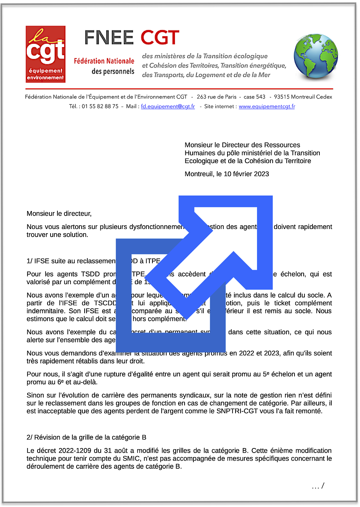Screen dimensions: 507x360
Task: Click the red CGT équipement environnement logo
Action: [45, 54]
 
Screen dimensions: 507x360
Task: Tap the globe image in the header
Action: [316, 56]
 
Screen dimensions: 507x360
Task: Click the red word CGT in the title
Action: [160, 38]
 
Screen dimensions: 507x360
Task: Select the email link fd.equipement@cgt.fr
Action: [168, 106]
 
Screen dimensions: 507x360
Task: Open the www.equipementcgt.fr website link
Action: [267, 106]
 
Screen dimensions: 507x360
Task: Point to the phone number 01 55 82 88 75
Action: [100, 106]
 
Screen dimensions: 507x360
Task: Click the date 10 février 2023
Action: [246, 174]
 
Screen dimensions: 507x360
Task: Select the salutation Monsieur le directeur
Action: [59, 214]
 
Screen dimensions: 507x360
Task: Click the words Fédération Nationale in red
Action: [104, 61]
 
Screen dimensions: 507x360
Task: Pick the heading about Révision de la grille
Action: [87, 437]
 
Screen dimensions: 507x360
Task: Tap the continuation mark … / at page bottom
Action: [318, 486]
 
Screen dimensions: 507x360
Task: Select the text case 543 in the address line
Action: [254, 97]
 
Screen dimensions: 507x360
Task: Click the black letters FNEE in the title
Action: [109, 38]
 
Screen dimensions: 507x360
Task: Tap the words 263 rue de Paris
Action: [216, 97]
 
